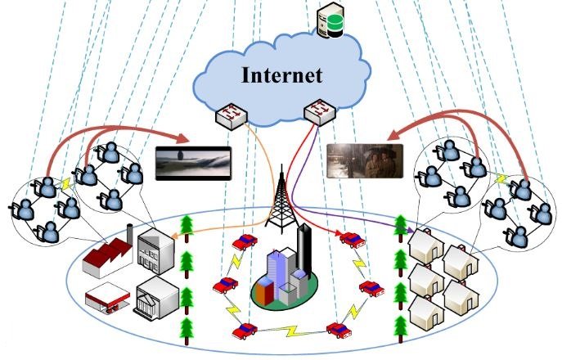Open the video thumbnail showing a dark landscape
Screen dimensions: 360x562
[193, 162]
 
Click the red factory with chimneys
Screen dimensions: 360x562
[111, 245]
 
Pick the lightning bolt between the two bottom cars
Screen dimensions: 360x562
[291, 331]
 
